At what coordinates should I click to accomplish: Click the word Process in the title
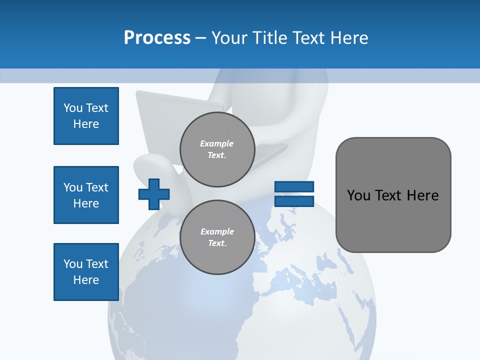click(x=157, y=38)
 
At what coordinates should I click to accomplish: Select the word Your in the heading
click(x=230, y=38)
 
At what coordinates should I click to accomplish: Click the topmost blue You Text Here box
click(x=86, y=116)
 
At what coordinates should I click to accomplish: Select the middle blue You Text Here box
click(x=86, y=195)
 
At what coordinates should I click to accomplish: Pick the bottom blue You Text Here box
click(x=86, y=272)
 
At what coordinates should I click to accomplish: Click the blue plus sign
click(x=154, y=194)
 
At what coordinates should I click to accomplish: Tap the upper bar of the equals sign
click(x=294, y=187)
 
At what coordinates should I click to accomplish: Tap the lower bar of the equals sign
click(x=294, y=201)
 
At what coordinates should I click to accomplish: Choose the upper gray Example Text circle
click(x=217, y=149)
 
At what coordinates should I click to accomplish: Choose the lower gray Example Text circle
click(x=217, y=237)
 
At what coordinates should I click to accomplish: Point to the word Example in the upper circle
click(x=217, y=143)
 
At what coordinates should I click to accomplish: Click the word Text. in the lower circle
click(x=217, y=243)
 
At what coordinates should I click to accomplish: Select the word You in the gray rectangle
click(x=358, y=195)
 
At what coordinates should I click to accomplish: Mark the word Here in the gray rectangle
click(x=422, y=195)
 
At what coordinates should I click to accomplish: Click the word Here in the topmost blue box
click(x=86, y=124)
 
